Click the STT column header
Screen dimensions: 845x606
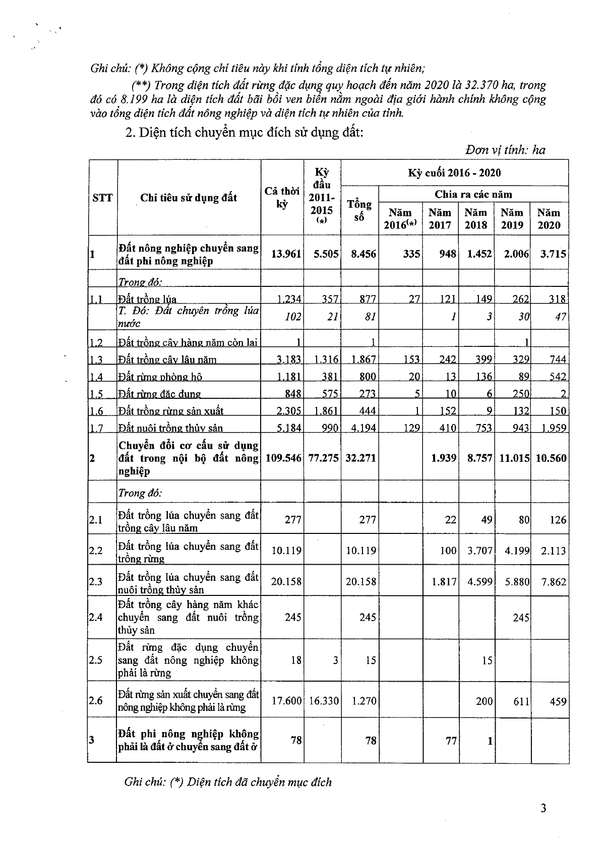[102, 197]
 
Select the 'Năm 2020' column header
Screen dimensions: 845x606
[549, 219]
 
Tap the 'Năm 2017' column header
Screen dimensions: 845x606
[440, 219]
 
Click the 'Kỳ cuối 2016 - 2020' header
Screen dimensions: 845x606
[454, 173]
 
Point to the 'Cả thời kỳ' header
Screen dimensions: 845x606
[282, 197]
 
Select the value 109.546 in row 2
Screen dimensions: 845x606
[283, 458]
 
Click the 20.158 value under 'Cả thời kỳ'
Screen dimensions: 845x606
[286, 581]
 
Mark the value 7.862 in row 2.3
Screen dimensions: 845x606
[553, 581]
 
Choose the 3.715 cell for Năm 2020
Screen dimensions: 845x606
[553, 254]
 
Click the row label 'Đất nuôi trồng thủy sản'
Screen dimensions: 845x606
[170, 428]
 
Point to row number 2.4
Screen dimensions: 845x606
[96, 617]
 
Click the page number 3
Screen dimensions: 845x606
[543, 808]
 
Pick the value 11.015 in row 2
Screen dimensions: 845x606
[513, 458]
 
